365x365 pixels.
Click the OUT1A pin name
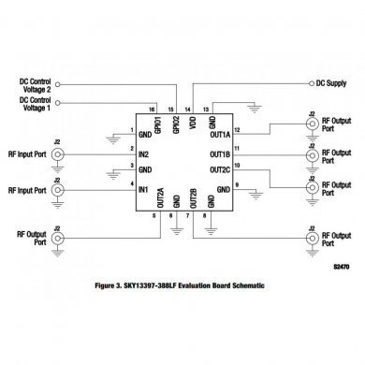coord(219,134)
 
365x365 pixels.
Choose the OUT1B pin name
coord(219,152)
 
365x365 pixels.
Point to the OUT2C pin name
coord(219,169)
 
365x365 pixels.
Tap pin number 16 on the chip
coord(153,109)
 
